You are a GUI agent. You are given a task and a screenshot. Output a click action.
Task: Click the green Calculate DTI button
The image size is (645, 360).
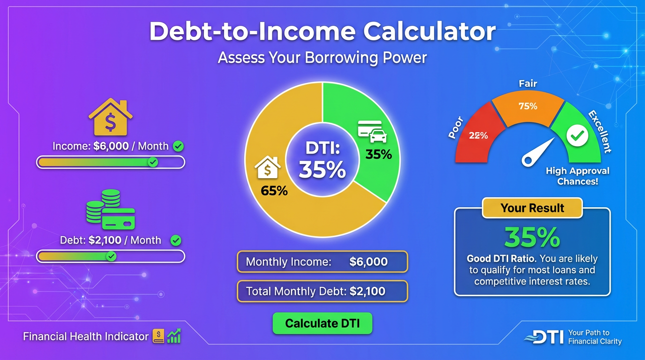[322, 323]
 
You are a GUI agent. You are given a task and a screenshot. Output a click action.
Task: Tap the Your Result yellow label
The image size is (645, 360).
[532, 208]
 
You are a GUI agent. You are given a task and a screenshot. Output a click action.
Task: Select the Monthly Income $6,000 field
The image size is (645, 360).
[322, 262]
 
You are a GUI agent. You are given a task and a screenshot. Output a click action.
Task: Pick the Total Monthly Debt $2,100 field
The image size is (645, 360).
[322, 292]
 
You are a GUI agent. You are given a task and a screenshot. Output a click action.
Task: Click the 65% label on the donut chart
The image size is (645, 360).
[274, 191]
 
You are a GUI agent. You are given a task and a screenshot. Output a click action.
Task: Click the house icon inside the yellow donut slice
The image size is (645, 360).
[268, 167]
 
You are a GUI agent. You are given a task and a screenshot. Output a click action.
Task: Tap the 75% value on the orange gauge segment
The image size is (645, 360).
[528, 106]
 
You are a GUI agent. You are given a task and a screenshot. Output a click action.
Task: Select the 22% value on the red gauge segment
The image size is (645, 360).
[479, 136]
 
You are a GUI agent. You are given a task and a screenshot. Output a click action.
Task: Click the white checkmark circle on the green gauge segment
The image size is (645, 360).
[577, 136]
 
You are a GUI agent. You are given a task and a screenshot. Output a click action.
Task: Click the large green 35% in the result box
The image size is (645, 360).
[532, 238]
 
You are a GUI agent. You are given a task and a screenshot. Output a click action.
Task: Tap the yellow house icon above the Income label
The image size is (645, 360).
[110, 117]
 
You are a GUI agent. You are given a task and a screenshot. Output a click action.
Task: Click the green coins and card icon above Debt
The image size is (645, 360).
[111, 209]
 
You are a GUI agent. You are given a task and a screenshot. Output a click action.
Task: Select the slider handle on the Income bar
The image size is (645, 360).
[152, 162]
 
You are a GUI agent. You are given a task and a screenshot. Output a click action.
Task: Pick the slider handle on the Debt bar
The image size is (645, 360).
[111, 256]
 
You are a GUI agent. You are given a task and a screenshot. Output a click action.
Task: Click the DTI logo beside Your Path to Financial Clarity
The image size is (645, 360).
[544, 337]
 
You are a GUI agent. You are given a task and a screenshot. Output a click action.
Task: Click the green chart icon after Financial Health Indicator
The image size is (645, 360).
[174, 336]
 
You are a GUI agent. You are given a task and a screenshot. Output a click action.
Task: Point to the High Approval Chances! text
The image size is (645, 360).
[577, 176]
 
